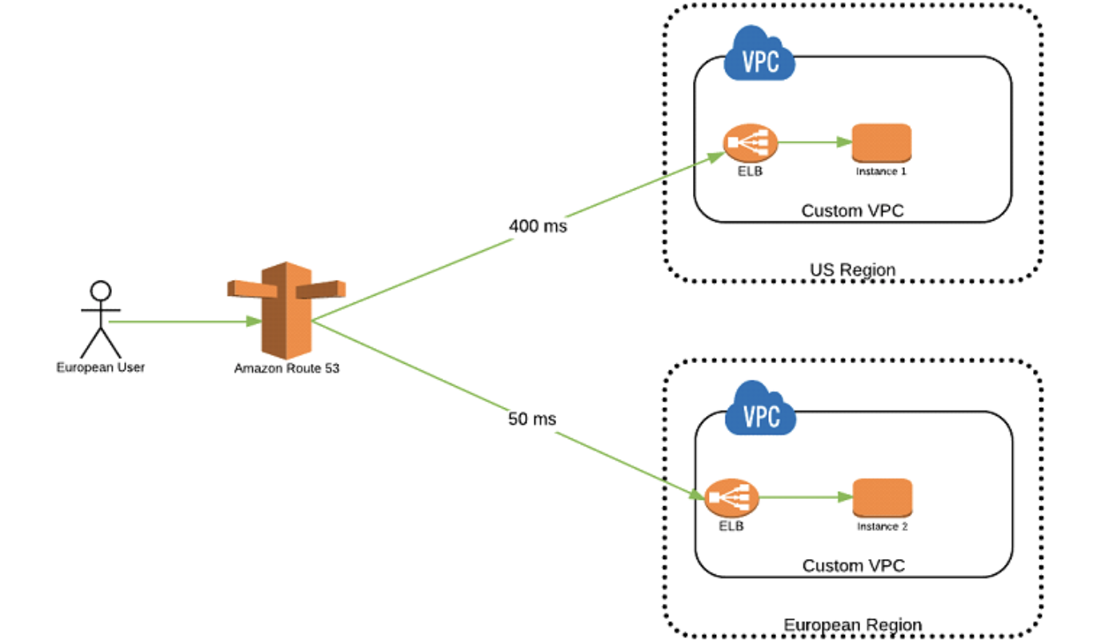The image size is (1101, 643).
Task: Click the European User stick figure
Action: pyautogui.click(x=101, y=320)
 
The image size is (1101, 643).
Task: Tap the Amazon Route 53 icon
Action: pyautogui.click(x=286, y=310)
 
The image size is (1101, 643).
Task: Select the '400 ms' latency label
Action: pyautogui.click(x=538, y=226)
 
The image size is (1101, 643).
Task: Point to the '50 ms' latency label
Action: pyautogui.click(x=532, y=419)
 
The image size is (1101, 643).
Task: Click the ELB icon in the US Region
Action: pyautogui.click(x=750, y=143)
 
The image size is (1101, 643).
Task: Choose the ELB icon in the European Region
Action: pyautogui.click(x=731, y=498)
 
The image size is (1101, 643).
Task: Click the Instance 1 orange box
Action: pyautogui.click(x=882, y=143)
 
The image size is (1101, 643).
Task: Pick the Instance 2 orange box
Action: pyautogui.click(x=883, y=498)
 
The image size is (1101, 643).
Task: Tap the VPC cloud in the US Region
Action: pyautogui.click(x=759, y=55)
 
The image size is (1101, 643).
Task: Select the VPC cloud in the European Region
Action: pyautogui.click(x=760, y=409)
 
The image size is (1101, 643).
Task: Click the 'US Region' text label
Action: pyautogui.click(x=852, y=270)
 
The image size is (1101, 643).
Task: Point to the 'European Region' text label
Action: pyautogui.click(x=852, y=625)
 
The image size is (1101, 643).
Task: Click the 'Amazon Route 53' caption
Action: pyautogui.click(x=286, y=369)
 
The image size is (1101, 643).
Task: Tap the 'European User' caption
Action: pyautogui.click(x=101, y=367)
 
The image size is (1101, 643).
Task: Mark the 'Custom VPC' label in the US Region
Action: pyautogui.click(x=852, y=210)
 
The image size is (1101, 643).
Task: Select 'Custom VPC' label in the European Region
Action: pyautogui.click(x=853, y=566)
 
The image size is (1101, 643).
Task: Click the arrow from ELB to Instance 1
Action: pyautogui.click(x=815, y=142)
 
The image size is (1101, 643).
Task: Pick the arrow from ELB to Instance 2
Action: pyautogui.click(x=806, y=497)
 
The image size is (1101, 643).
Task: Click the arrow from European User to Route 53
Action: pyautogui.click(x=186, y=321)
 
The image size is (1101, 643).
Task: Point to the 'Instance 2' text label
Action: pyautogui.click(x=883, y=526)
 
